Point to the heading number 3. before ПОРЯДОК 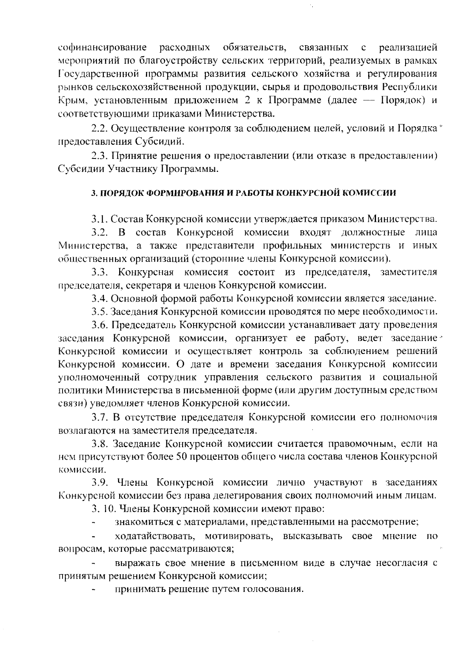[93, 193]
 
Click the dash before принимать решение [94, 590]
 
